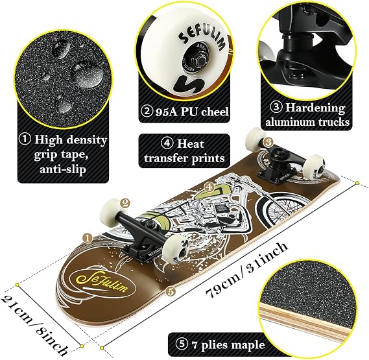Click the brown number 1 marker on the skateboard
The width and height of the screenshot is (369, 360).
pyautogui.click(x=88, y=239)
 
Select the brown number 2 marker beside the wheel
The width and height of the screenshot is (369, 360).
pyautogui.click(x=125, y=203)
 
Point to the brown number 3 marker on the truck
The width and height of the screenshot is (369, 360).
pyautogui.click(x=268, y=142)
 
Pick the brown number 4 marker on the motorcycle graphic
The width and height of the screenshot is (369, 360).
pyautogui.click(x=209, y=187)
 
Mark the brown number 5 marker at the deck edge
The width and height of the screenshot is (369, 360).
pyautogui.click(x=171, y=291)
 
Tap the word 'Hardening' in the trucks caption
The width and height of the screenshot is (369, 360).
pyautogui.click(x=315, y=108)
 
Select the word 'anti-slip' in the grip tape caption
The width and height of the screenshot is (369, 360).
pyautogui.click(x=63, y=169)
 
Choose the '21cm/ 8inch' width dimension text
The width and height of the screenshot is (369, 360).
pyautogui.click(x=35, y=324)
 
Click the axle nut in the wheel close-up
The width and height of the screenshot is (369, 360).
pyautogui.click(x=202, y=62)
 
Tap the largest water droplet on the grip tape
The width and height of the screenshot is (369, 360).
pyautogui.click(x=88, y=73)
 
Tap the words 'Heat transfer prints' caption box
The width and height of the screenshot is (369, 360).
pyautogui.click(x=184, y=150)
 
